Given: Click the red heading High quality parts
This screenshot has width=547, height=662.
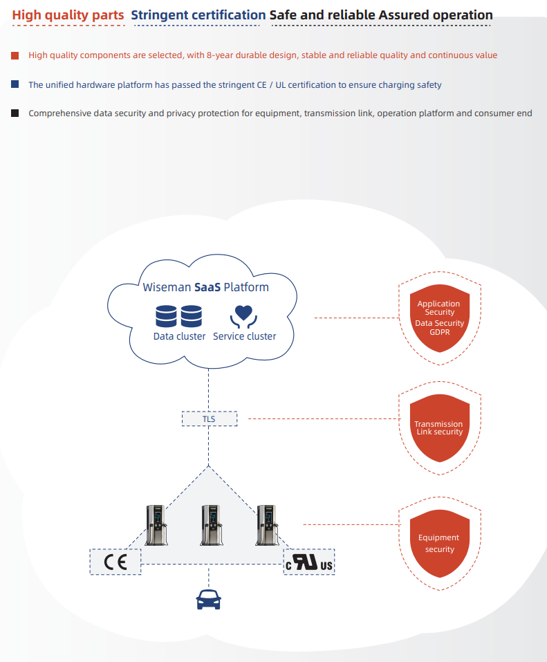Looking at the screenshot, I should [68, 15].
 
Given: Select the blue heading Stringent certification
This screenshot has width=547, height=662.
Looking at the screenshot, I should [198, 15].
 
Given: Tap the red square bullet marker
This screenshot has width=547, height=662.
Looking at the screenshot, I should [15, 55].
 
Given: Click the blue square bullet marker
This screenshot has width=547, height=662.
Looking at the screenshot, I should [15, 84].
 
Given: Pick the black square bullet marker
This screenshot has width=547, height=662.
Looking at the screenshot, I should [15, 113].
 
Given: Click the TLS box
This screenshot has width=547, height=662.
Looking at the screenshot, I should [209, 419].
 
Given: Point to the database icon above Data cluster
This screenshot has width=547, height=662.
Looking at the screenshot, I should [178, 317].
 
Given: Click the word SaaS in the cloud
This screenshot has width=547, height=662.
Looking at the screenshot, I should [207, 287].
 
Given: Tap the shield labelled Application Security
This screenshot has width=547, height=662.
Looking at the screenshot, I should [439, 318].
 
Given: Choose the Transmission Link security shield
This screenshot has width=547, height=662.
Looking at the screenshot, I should [439, 427].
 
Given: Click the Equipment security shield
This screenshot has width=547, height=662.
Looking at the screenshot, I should [439, 543].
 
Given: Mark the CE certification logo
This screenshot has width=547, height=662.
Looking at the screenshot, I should [115, 562].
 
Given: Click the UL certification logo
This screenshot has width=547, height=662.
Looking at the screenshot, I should [309, 562].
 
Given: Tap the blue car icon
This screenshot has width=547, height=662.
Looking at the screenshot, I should [209, 599].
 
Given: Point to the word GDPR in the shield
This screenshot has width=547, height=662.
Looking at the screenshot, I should [439, 332].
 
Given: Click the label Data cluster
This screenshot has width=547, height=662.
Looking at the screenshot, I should [179, 336].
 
